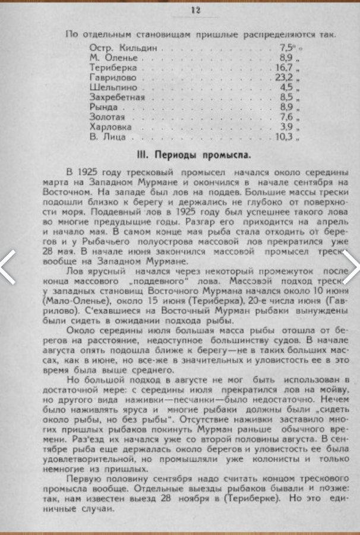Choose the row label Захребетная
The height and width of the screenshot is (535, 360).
[x=117, y=97]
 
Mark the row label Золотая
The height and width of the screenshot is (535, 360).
[x=106, y=117]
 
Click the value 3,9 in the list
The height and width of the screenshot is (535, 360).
[x=286, y=127]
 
